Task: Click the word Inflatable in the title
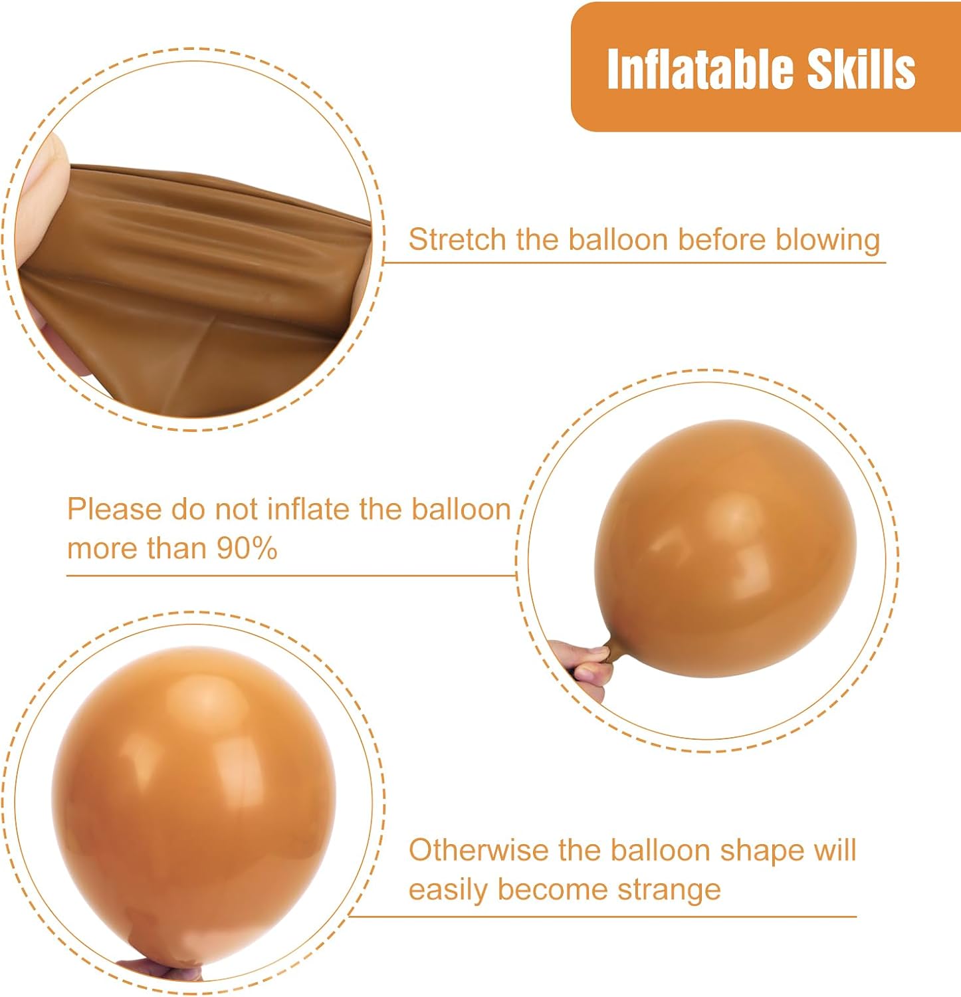[700, 68]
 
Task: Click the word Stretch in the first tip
[457, 239]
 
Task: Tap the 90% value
[247, 548]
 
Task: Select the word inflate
[309, 509]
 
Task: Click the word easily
[448, 891]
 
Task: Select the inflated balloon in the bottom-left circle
[193, 804]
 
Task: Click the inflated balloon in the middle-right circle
[725, 548]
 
